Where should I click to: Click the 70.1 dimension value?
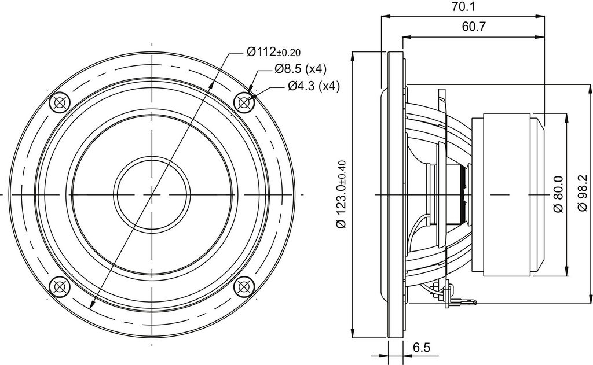tap(463, 7)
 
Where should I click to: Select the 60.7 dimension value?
tap(474, 27)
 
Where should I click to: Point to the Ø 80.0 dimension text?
tap(559, 194)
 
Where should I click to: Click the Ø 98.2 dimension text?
tap(583, 194)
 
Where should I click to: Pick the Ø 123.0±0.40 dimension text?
tap(341, 194)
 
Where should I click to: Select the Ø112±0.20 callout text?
tap(274, 51)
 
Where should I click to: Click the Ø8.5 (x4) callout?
tap(301, 68)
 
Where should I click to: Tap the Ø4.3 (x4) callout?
tap(314, 86)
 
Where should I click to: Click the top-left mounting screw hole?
tap(60, 102)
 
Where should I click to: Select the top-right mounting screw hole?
tap(244, 102)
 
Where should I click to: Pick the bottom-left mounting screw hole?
tap(60, 287)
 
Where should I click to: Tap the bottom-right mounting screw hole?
tap(244, 287)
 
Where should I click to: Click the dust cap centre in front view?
tap(152, 194)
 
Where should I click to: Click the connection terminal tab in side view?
tap(465, 301)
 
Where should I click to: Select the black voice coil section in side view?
tap(463, 194)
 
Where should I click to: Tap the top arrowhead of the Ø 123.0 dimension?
tap(353, 56)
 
